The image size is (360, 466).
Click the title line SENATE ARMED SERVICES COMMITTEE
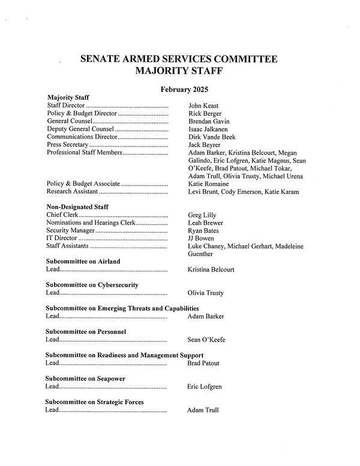coord(179,59)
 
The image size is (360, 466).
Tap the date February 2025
coord(184,89)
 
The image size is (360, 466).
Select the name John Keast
coord(203,106)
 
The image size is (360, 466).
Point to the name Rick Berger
coord(205,113)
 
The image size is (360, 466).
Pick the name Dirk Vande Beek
coord(212,137)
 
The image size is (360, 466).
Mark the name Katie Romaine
coord(208,184)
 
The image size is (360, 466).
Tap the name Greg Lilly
coord(202,215)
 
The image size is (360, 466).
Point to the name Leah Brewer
coord(206,223)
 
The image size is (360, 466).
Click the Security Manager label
coord(70,231)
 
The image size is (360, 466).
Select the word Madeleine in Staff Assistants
coord(289,246)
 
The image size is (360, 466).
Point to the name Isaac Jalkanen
coord(209,129)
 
